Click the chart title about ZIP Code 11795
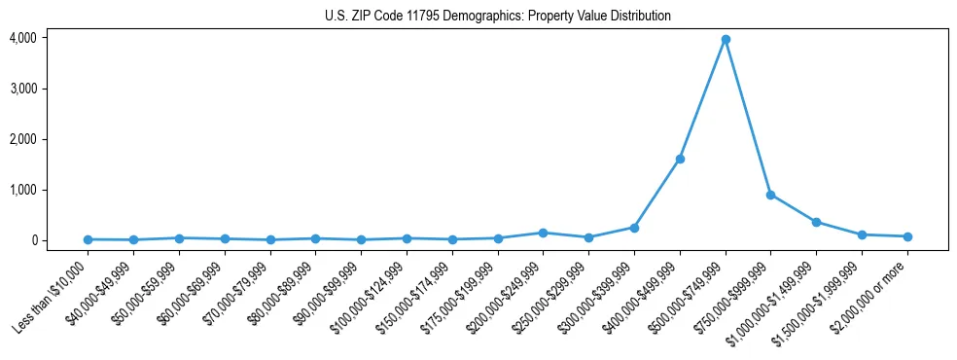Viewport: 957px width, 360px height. pyautogui.click(x=497, y=17)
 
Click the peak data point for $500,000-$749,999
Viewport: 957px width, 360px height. pyautogui.click(x=726, y=40)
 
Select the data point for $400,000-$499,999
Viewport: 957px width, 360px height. pyautogui.click(x=680, y=159)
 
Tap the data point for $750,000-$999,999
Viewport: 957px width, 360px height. pyautogui.click(x=770, y=195)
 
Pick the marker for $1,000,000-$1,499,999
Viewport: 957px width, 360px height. pyautogui.click(x=816, y=222)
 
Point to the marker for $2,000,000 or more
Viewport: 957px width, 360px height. pyautogui.click(x=907, y=236)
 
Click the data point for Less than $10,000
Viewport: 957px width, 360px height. pyautogui.click(x=88, y=239)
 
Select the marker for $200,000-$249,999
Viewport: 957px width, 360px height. pyautogui.click(x=543, y=233)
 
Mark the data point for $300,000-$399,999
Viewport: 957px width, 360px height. pyautogui.click(x=634, y=228)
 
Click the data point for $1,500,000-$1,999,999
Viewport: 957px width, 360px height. pyautogui.click(x=862, y=234)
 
